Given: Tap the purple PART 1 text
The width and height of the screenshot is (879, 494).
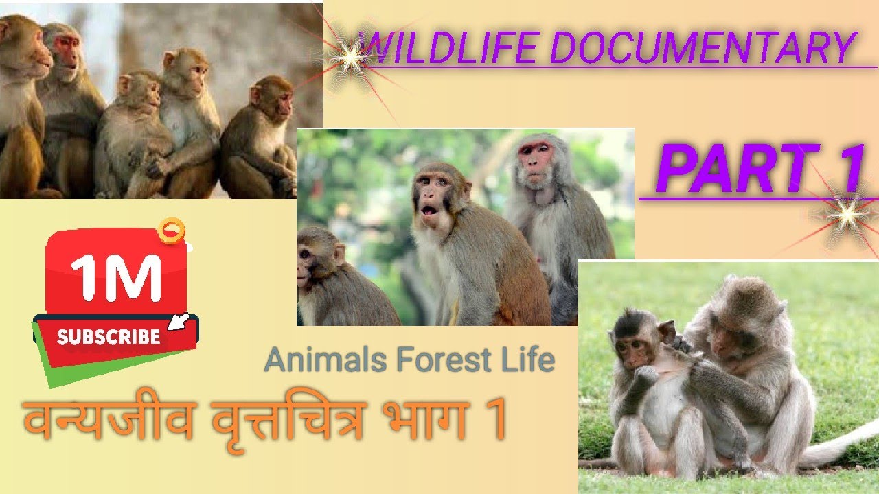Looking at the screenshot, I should click(759, 168).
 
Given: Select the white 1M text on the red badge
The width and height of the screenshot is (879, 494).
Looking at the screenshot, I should click(115, 277).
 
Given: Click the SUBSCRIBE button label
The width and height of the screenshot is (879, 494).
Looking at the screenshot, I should click(109, 337).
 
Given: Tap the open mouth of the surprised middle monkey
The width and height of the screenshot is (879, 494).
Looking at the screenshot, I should click(429, 209).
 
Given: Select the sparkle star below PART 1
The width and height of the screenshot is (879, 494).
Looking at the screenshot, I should click(847, 217).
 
